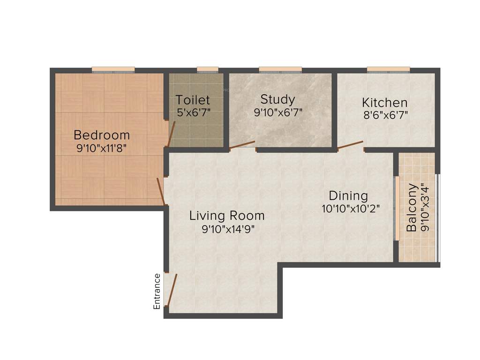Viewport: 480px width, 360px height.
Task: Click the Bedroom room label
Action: (102, 135)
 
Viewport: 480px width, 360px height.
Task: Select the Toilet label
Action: (193, 100)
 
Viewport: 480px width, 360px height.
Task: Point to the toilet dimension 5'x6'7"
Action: (193, 112)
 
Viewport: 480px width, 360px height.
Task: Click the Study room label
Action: (278, 99)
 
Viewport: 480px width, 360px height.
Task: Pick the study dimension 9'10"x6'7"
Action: (278, 112)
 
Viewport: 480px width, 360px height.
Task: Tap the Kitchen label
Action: (384, 102)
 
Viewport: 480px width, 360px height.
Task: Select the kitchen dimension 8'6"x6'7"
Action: (384, 115)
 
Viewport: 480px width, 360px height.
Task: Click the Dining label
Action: (348, 195)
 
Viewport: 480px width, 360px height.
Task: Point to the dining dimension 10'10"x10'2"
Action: (350, 209)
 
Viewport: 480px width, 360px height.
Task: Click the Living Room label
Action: (227, 216)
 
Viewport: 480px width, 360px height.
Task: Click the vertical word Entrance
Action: (157, 291)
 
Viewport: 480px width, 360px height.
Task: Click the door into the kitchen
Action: (350, 145)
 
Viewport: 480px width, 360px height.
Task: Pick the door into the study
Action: (242, 145)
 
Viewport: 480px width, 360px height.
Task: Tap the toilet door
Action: (172, 134)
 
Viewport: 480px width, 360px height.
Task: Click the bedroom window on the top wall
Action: (113, 70)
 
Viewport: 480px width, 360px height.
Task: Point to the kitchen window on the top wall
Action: (388, 70)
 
